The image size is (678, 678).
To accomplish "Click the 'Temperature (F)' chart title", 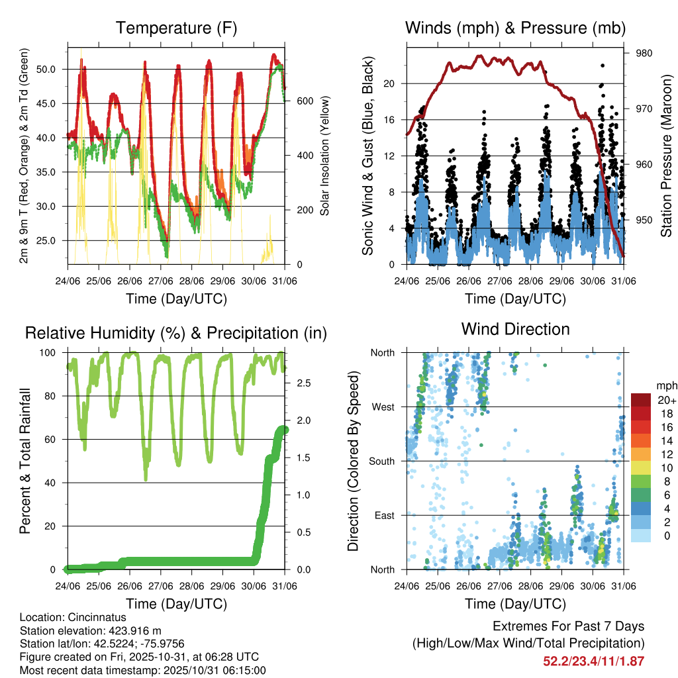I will (x=176, y=28).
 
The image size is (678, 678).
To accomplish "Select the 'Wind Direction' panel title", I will (x=515, y=328).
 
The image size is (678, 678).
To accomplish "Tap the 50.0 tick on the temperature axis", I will (x=53, y=69).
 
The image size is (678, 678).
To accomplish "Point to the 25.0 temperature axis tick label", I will (x=53, y=240).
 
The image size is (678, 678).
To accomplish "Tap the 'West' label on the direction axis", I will (x=382, y=407).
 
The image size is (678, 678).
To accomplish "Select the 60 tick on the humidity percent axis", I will (x=53, y=439).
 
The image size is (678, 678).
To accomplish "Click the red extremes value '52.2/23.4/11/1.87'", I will (x=593, y=661).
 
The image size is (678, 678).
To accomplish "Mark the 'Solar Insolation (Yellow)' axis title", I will (x=324, y=156).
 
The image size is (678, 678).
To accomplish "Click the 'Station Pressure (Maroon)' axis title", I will (x=665, y=156).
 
